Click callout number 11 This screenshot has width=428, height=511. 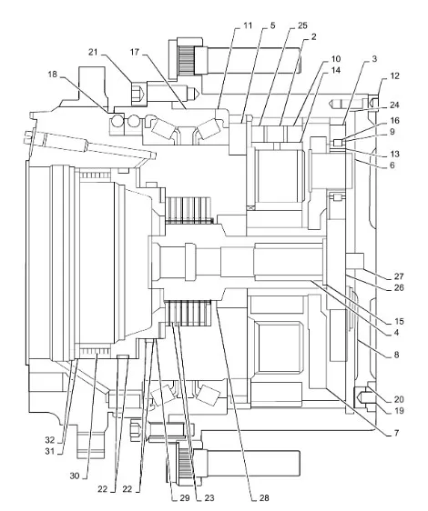(248, 25)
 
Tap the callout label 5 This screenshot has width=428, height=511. (272, 25)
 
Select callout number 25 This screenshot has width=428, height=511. (302, 25)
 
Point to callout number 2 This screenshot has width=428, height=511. (313, 36)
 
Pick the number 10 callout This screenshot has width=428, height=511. (336, 59)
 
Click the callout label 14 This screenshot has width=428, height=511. (336, 70)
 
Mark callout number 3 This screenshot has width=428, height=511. (374, 59)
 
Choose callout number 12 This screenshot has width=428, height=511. (394, 75)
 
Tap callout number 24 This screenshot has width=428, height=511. (394, 105)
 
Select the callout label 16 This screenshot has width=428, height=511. (394, 120)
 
